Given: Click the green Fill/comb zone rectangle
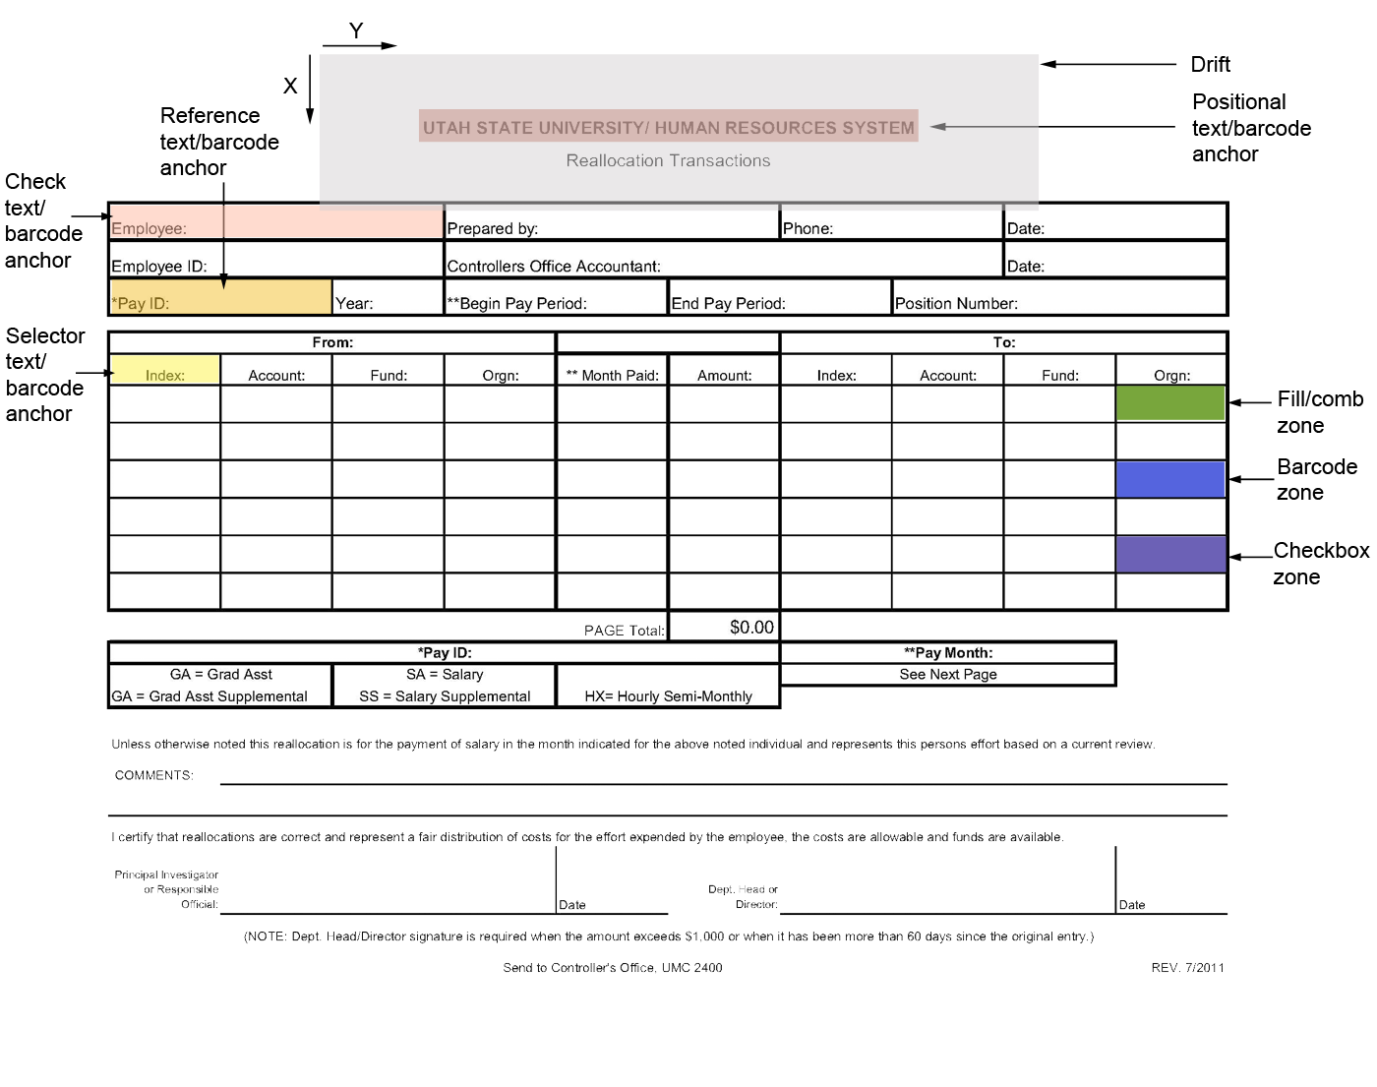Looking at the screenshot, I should pyautogui.click(x=1170, y=403).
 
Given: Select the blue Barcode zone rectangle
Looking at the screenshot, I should pyautogui.click(x=1170, y=480).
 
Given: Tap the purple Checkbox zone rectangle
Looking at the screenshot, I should pyautogui.click(x=1170, y=554).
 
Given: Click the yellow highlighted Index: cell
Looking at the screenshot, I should pyautogui.click(x=165, y=371).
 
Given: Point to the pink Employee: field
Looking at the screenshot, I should pyautogui.click(x=276, y=222).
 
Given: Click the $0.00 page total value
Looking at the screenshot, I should pyautogui.click(x=751, y=628).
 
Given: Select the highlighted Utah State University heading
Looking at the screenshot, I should pyautogui.click(x=668, y=127).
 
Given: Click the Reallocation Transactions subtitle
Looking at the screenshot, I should pyautogui.click(x=668, y=160).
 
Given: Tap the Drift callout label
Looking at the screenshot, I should pyautogui.click(x=1210, y=65).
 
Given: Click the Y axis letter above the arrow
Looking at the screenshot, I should pyautogui.click(x=356, y=31).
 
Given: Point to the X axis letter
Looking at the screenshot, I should pyautogui.click(x=290, y=87).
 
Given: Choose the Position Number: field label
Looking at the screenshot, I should pyautogui.click(x=956, y=304).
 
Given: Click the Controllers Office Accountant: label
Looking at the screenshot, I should pyautogui.click(x=554, y=267).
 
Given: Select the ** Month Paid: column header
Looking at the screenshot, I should pyautogui.click(x=613, y=375).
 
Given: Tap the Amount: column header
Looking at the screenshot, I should pyautogui.click(x=725, y=375).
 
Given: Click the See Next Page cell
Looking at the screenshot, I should pyautogui.click(x=948, y=675).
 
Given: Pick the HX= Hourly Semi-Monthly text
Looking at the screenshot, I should pyautogui.click(x=668, y=696).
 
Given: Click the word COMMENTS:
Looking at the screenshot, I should pyautogui.click(x=154, y=775).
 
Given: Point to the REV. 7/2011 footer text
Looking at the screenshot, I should pyautogui.click(x=1187, y=968).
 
